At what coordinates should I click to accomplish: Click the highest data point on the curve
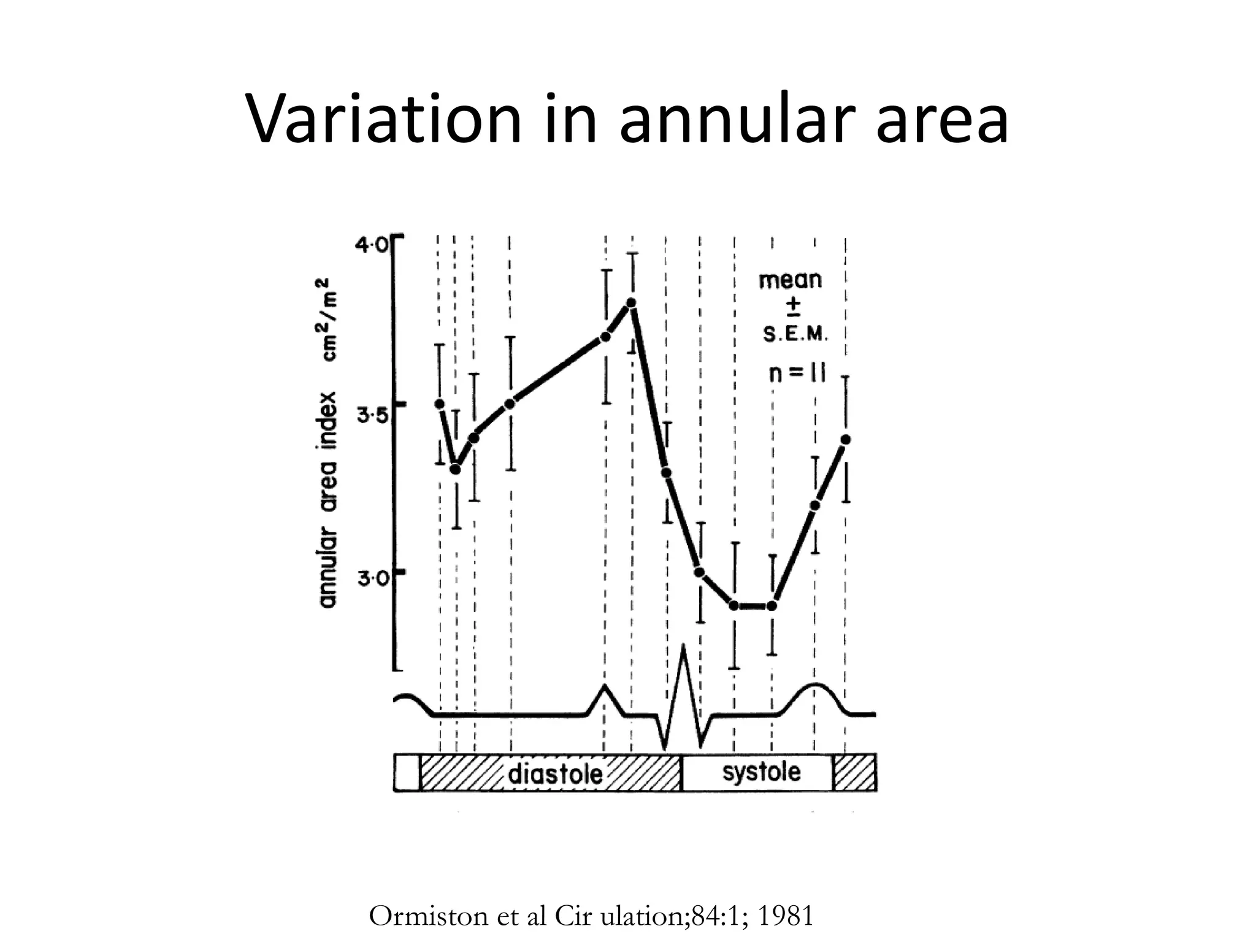tap(632, 302)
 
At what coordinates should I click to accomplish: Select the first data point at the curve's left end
tap(439, 404)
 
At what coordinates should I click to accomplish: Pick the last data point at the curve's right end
tap(846, 439)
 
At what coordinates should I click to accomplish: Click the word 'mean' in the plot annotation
tap(791, 280)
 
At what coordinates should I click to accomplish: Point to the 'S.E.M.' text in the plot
tap(795, 334)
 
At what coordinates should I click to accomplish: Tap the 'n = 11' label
tap(797, 372)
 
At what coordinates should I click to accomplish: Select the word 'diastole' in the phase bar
tap(556, 774)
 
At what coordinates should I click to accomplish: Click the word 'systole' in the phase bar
tap(761, 772)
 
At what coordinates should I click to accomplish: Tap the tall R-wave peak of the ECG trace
tap(683, 647)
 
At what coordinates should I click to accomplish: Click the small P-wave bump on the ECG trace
tap(605, 687)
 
